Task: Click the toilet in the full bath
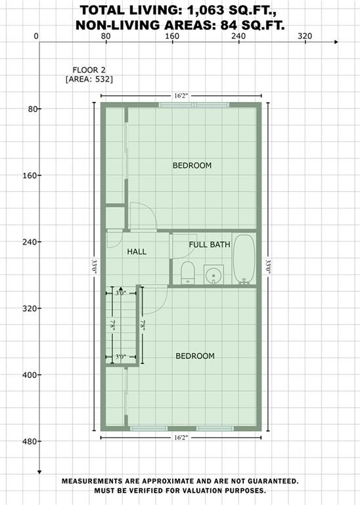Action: [x=188, y=272]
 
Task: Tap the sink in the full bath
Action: [x=214, y=275]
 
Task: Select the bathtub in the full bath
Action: [x=244, y=259]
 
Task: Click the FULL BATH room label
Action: [x=210, y=245]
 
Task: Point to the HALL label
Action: [x=137, y=252]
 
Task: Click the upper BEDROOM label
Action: [x=192, y=166]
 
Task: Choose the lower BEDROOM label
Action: [x=195, y=356]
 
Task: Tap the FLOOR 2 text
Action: [x=89, y=70]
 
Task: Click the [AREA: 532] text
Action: [x=89, y=79]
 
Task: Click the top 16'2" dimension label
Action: [x=181, y=95]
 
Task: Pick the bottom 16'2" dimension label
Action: [x=181, y=438]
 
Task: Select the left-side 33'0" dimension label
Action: [x=94, y=267]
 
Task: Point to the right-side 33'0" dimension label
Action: [x=268, y=267]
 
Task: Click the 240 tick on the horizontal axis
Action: [x=238, y=36]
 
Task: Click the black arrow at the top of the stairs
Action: [x=121, y=289]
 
